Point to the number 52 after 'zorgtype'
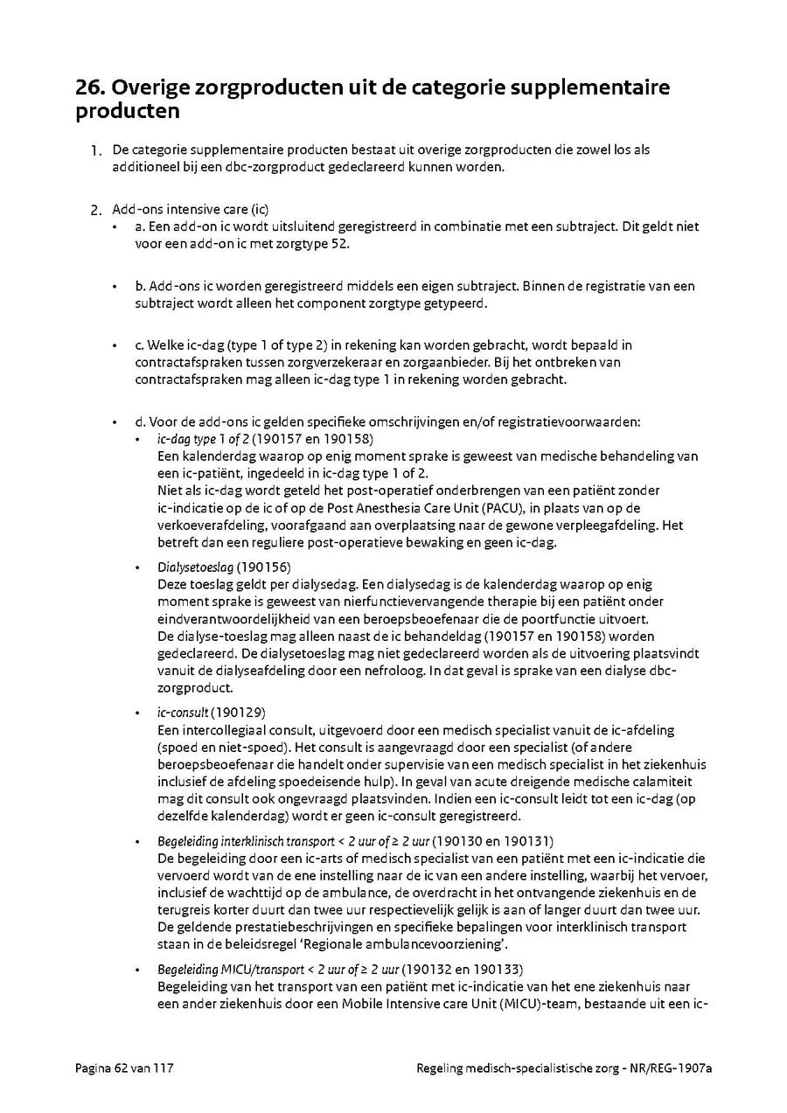click(340, 244)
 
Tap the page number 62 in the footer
click(121, 1068)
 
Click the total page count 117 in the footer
click(165, 1068)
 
